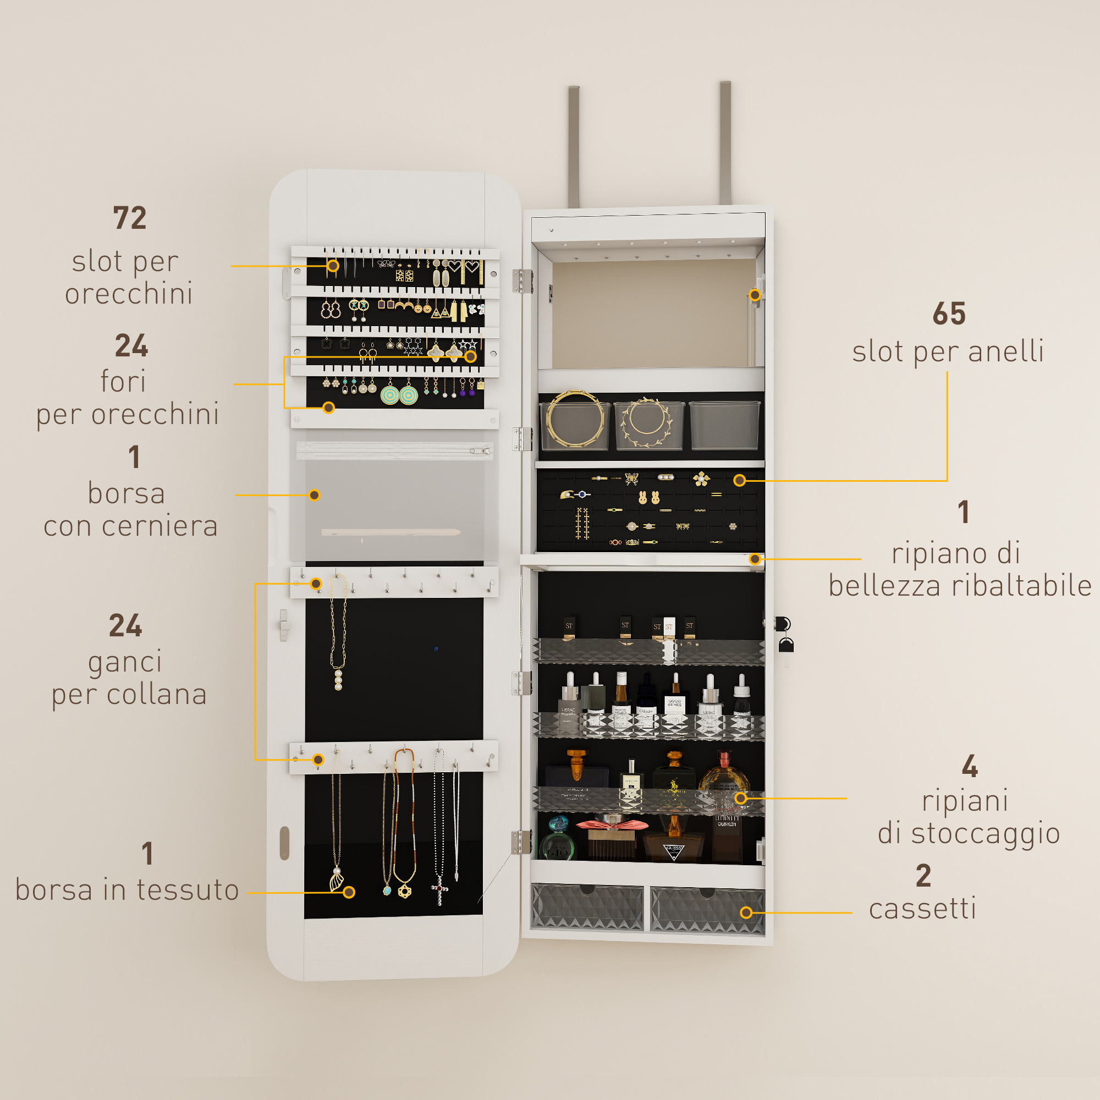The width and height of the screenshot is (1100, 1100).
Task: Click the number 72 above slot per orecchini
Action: pos(130,217)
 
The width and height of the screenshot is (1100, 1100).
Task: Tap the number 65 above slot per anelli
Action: pos(949,313)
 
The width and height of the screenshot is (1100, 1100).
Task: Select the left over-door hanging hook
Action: pos(573,147)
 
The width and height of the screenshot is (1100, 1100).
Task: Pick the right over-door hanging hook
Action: pos(725,143)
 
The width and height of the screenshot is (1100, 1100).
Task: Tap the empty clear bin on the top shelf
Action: pos(724,425)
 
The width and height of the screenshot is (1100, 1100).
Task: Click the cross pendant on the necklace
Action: pos(439,890)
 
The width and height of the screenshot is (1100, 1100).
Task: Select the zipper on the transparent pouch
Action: pos(394,451)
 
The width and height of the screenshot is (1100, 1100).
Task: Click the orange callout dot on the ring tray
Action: pos(739,481)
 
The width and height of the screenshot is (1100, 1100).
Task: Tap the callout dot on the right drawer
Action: pos(746,912)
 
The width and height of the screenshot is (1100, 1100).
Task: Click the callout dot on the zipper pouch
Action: pos(314,496)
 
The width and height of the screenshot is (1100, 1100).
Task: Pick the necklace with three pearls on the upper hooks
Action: pos(338,633)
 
